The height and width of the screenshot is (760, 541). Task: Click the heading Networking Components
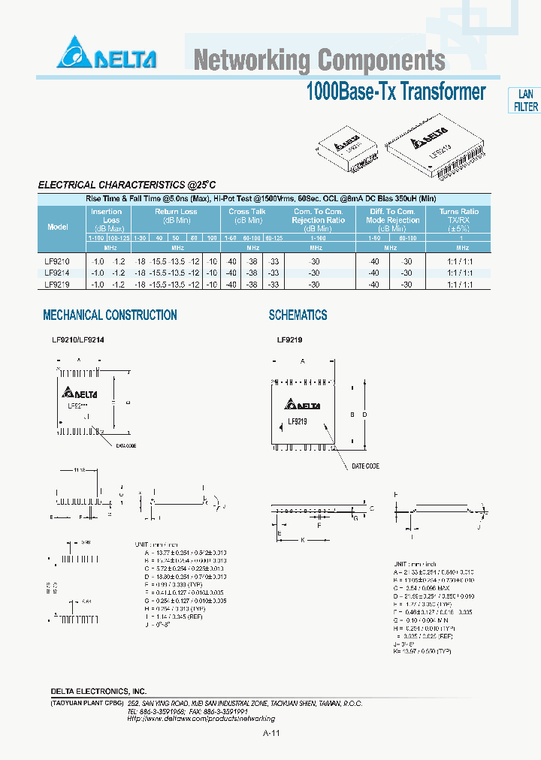(319, 60)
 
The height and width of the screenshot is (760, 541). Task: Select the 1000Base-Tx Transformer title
(396, 92)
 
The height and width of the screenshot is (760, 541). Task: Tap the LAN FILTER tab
(525, 101)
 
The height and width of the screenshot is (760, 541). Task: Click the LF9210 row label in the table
(57, 261)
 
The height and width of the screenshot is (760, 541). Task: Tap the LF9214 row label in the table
(57, 273)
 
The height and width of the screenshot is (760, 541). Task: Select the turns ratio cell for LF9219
(459, 285)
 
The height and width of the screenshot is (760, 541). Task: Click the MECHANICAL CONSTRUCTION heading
(110, 315)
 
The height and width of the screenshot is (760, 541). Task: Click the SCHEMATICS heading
(298, 315)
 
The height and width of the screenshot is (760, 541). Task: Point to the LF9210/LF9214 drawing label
(77, 340)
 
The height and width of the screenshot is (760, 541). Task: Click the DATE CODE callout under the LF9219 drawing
(365, 466)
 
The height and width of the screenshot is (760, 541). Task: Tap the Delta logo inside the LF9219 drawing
(303, 406)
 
